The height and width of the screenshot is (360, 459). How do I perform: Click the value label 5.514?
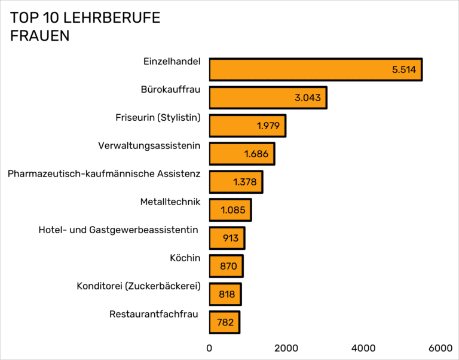404,70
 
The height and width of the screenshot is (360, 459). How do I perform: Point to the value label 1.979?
268,126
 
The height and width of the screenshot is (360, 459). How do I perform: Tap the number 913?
230,238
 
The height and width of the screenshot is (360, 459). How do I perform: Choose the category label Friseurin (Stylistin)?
158,117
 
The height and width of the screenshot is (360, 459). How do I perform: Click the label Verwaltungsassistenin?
149,145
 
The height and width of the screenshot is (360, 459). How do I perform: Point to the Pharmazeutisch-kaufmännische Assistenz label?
104,174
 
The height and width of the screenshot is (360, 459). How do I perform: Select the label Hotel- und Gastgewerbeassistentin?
118,230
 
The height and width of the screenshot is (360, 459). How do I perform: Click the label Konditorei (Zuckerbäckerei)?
138,286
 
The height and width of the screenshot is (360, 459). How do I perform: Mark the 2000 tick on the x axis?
286,348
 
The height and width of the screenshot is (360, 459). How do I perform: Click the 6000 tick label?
440,348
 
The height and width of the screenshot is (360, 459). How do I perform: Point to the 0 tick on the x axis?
209,348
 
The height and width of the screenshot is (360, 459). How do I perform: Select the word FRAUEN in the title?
40,36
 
